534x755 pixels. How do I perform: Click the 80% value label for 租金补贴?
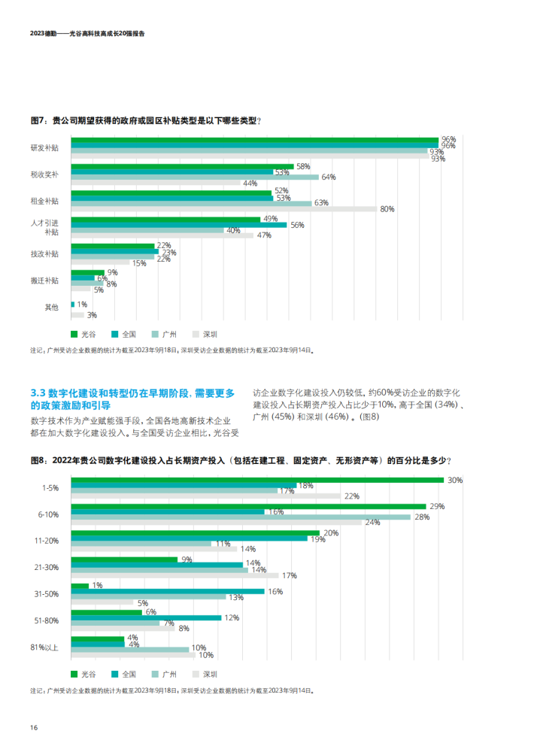387,209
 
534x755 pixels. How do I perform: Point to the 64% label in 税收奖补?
328,177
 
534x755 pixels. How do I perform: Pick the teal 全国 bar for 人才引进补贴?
178,225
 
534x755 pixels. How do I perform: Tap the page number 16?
34,727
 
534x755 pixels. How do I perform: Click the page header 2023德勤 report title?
87,33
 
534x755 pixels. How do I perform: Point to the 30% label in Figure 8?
454,480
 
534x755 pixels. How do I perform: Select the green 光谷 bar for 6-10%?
248,506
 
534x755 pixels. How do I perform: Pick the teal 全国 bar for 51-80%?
146,617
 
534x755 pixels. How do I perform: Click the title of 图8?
241,461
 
